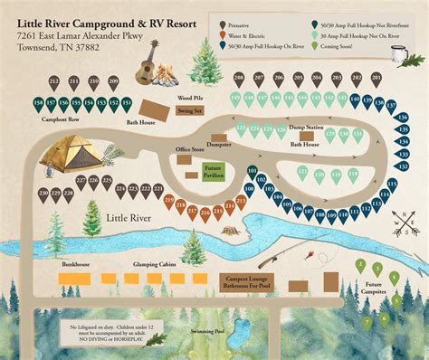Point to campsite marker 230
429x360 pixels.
click(42, 194)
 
